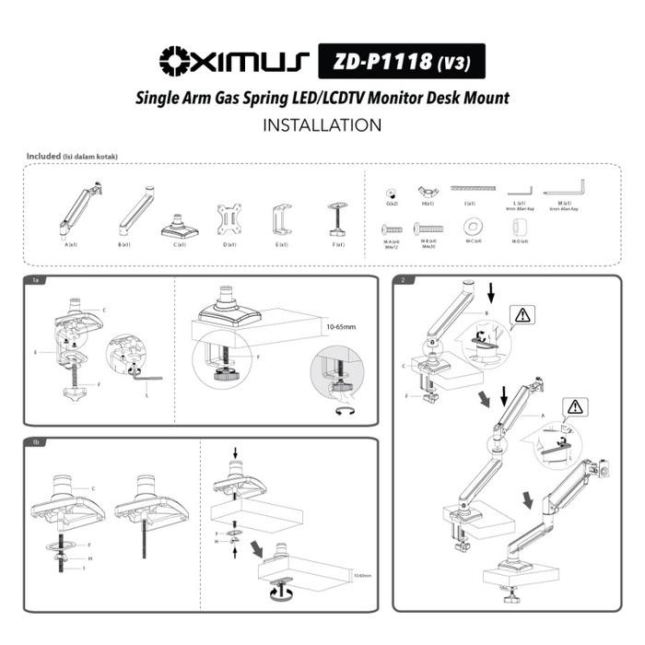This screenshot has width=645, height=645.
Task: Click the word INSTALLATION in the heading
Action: [x=322, y=124]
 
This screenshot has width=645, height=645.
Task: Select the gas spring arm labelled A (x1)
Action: [x=77, y=210]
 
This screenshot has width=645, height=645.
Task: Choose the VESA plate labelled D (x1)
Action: [x=229, y=220]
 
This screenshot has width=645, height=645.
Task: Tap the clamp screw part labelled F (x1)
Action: [x=338, y=220]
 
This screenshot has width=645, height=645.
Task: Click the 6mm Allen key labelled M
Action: [x=567, y=184]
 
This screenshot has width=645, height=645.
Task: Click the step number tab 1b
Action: [x=35, y=442]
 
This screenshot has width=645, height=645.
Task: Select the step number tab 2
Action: [x=403, y=279]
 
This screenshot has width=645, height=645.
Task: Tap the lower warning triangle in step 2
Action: [x=577, y=406]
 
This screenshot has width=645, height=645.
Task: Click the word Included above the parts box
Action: [x=42, y=157]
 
